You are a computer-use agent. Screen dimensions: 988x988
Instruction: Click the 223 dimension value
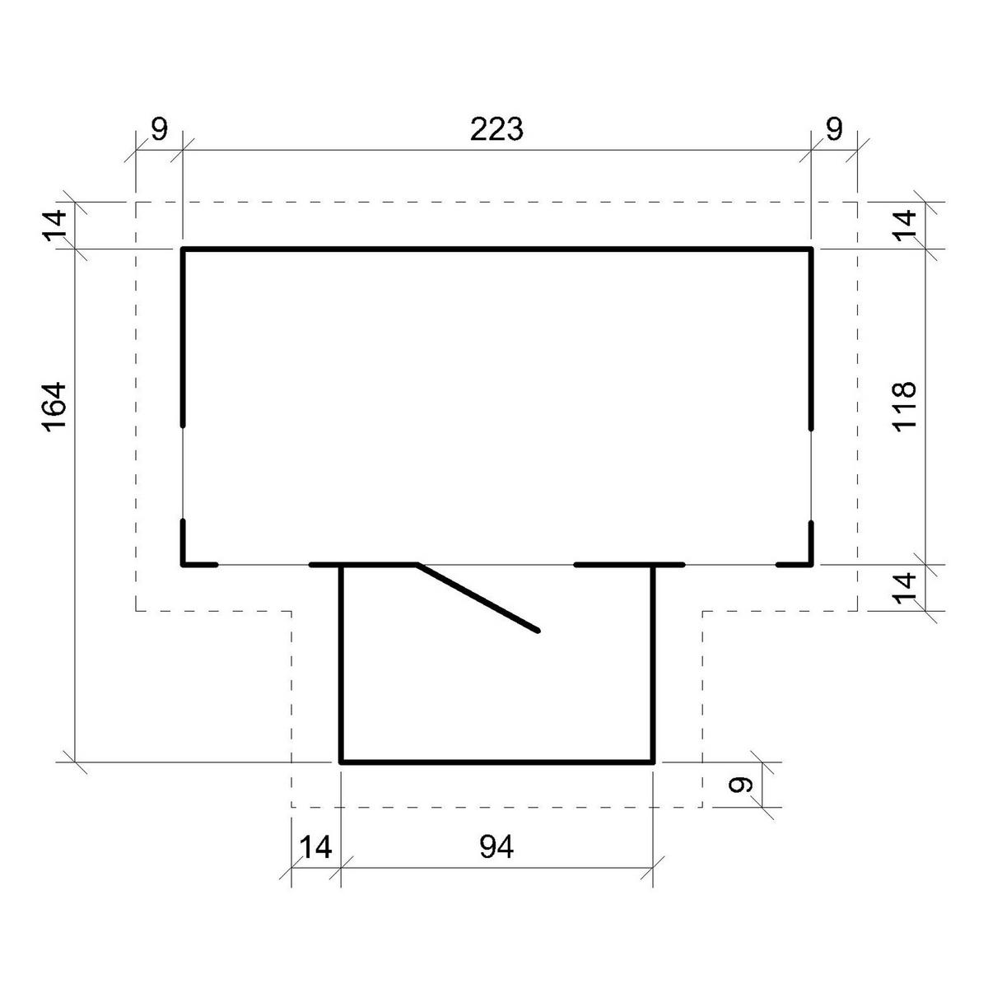coord(496,129)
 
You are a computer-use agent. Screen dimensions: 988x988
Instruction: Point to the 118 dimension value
coord(904,406)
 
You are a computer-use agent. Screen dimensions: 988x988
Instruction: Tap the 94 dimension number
coord(496,846)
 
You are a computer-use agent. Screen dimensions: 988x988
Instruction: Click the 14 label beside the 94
coord(315,846)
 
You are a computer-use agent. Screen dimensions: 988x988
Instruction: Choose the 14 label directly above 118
coord(904,225)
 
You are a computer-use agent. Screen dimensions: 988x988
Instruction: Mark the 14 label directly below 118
coord(904,588)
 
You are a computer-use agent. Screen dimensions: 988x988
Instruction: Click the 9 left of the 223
coord(160,129)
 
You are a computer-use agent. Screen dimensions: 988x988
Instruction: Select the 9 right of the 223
coord(834,129)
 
